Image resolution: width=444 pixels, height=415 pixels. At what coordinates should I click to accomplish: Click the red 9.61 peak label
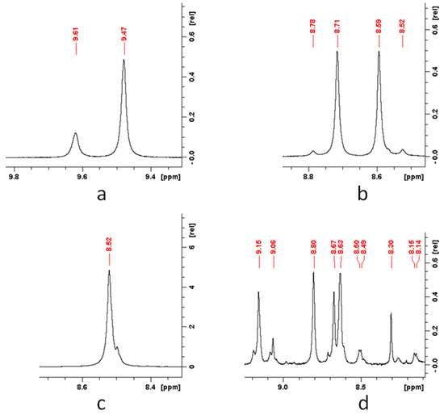[x=76, y=37]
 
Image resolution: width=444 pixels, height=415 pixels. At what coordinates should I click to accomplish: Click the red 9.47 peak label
[x=124, y=37]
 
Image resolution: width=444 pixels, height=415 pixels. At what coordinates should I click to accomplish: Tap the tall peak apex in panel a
[x=124, y=60]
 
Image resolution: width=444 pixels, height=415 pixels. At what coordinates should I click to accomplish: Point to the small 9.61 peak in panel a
[x=75, y=134]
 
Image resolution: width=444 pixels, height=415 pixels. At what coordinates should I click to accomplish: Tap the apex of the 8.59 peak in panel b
[x=378, y=53]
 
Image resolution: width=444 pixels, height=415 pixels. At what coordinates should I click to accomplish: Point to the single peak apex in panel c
[x=108, y=271]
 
